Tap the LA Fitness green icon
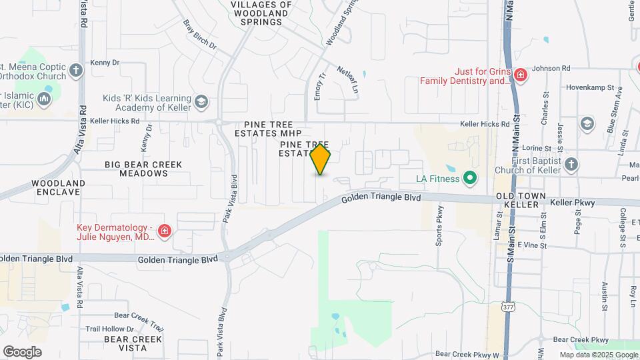click(x=469, y=178)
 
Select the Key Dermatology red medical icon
click(x=165, y=232)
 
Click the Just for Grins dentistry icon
click(x=520, y=75)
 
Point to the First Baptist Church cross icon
click(x=571, y=164)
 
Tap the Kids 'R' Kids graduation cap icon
click(x=201, y=102)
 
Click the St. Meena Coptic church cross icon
click(x=76, y=70)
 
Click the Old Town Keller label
click(x=521, y=200)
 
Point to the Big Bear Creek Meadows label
click(x=135, y=168)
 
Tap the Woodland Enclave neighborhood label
click(x=58, y=187)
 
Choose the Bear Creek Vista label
click(x=133, y=343)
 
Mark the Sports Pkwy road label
click(x=440, y=231)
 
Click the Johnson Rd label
click(x=551, y=68)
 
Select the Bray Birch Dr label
click(x=200, y=34)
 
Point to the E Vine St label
click(x=531, y=246)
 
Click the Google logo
click(x=22, y=352)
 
